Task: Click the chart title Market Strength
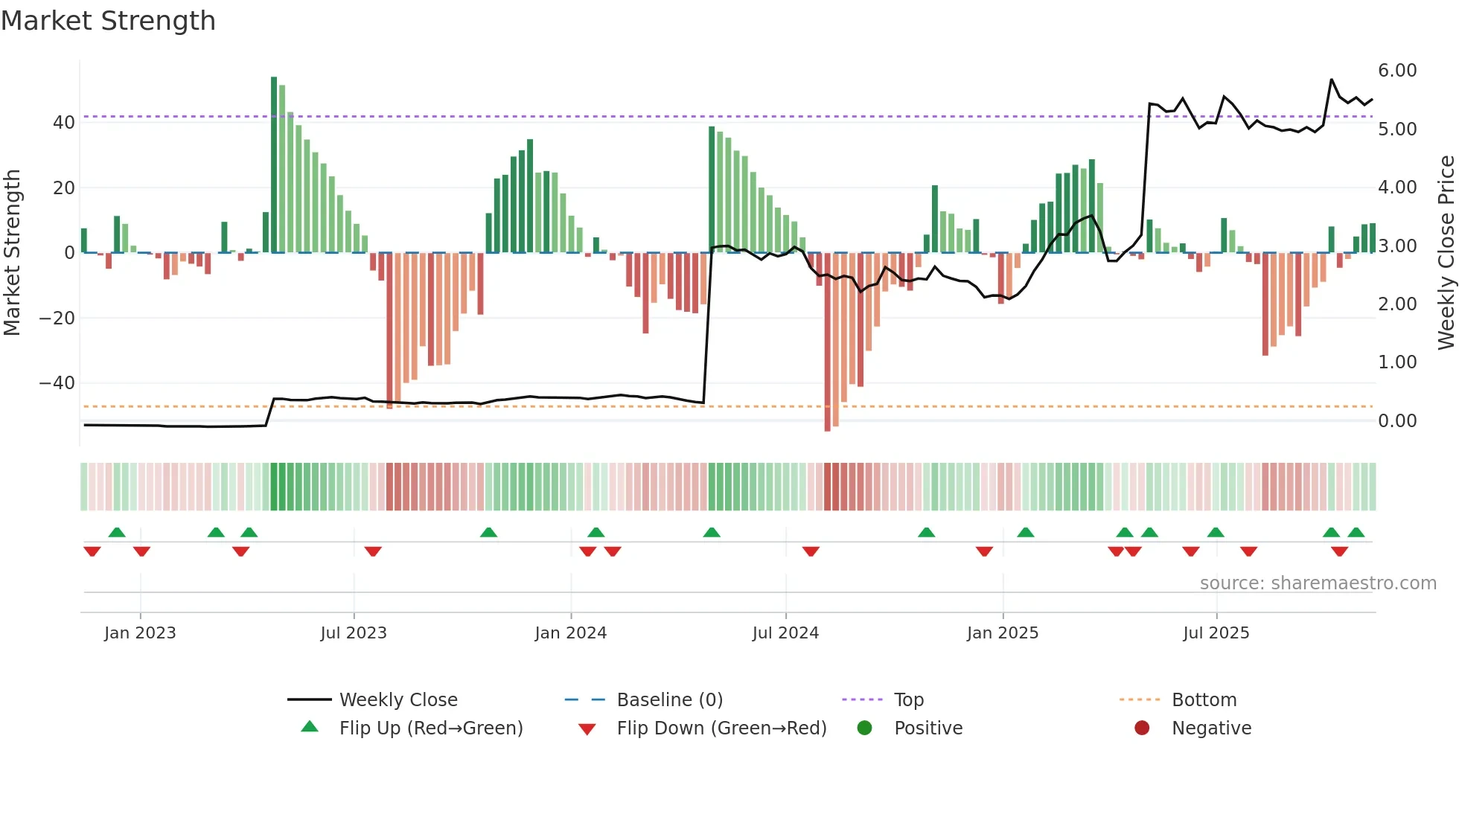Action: pyautogui.click(x=108, y=21)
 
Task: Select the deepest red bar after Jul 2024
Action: pyautogui.click(x=827, y=342)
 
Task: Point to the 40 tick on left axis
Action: pyautogui.click(x=64, y=123)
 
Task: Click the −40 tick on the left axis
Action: pyautogui.click(x=57, y=383)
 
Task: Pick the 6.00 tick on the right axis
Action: pyautogui.click(x=1396, y=71)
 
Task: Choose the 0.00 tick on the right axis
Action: pyautogui.click(x=1396, y=421)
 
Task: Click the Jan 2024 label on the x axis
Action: pyautogui.click(x=570, y=633)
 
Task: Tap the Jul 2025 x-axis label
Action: pyautogui.click(x=1216, y=633)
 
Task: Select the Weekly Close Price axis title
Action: pyautogui.click(x=1446, y=253)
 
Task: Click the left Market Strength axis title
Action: pyautogui.click(x=12, y=253)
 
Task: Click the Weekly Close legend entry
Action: pyautogui.click(x=398, y=700)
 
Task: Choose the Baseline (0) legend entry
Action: pyautogui.click(x=669, y=700)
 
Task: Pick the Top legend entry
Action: pyautogui.click(x=908, y=700)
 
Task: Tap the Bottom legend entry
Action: pyautogui.click(x=1204, y=700)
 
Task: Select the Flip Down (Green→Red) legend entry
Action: pyautogui.click(x=721, y=728)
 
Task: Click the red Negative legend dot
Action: pyautogui.click(x=1141, y=728)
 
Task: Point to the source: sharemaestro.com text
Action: pyautogui.click(x=1318, y=583)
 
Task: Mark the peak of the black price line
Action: pyautogui.click(x=1332, y=80)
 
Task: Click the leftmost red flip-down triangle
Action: pyautogui.click(x=92, y=551)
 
